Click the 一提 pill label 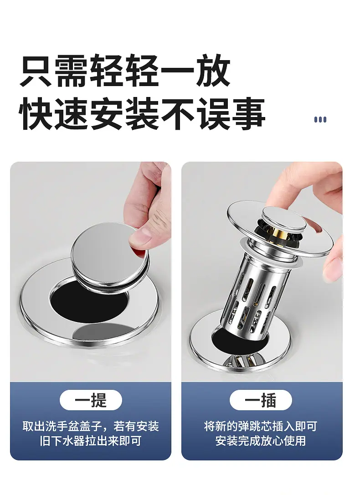(91, 400)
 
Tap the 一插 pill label (261, 400)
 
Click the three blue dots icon (320, 119)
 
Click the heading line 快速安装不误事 (142, 114)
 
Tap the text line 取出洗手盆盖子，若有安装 (91, 427)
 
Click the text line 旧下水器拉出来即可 (91, 441)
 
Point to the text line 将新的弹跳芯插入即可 (261, 427)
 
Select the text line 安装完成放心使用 (261, 441)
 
